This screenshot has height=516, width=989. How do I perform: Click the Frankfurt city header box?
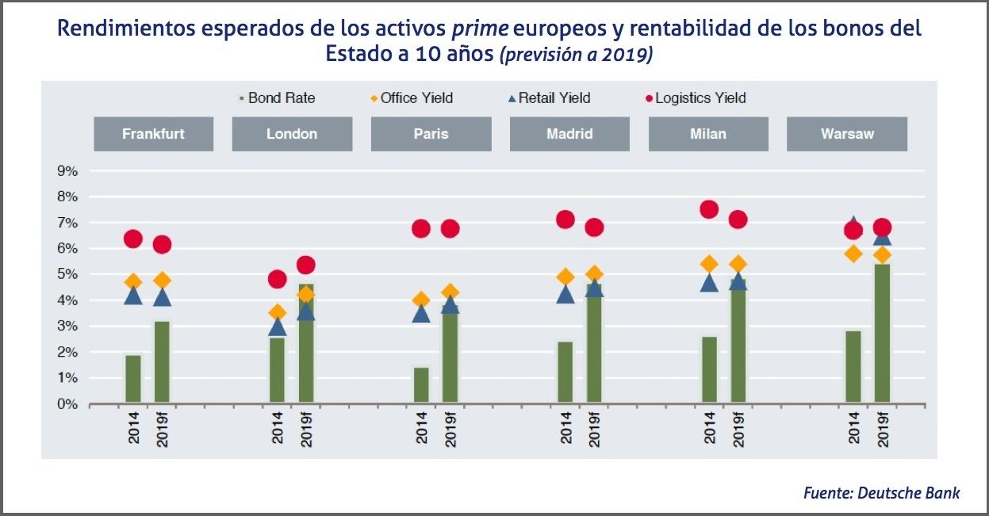[x=153, y=134]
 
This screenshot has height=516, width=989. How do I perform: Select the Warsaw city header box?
[x=847, y=134]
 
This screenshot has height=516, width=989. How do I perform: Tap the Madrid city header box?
[x=569, y=134]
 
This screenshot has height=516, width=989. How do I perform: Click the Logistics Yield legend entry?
[x=696, y=98]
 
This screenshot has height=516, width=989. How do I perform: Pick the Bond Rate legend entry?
[x=277, y=98]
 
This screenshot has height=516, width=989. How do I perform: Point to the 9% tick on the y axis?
[x=67, y=171]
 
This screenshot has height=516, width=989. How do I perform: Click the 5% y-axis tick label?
[x=67, y=274]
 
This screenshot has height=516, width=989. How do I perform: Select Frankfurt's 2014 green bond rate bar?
[x=133, y=379]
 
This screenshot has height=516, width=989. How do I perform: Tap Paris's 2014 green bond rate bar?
[x=421, y=385]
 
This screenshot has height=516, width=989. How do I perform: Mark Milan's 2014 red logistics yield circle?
[x=709, y=209]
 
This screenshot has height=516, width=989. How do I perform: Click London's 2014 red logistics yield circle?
[x=277, y=279]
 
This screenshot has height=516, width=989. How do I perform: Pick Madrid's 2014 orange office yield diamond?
[x=565, y=277]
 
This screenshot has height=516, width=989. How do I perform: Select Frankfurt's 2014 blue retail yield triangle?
[x=133, y=296]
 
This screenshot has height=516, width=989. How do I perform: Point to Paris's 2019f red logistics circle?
[x=450, y=228]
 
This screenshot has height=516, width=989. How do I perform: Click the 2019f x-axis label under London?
[x=305, y=429]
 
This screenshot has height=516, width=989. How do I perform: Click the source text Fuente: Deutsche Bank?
[x=881, y=493]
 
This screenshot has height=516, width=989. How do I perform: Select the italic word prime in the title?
[x=479, y=29]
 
